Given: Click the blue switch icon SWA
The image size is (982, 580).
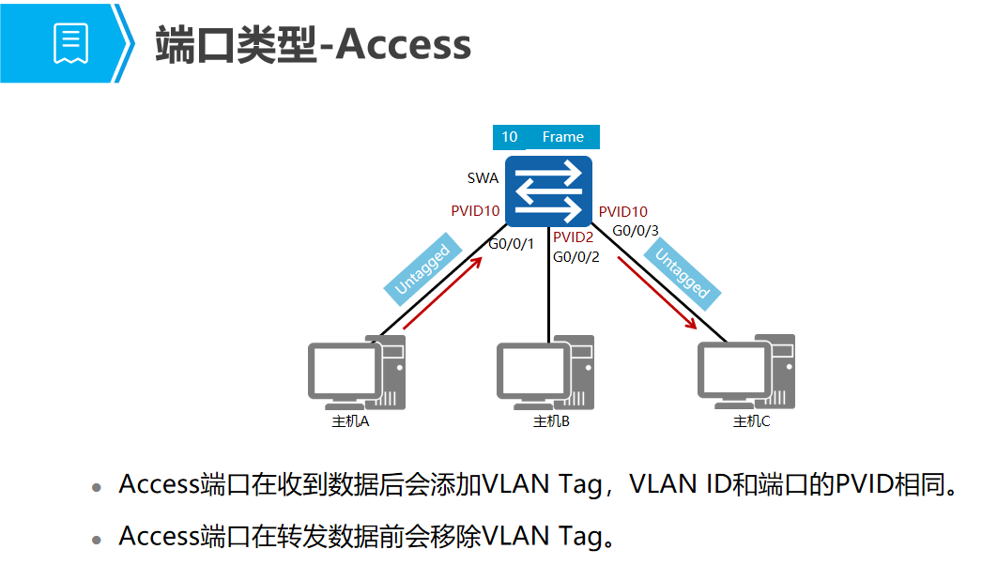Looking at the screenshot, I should click(x=548, y=191).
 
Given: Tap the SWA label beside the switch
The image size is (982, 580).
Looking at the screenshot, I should click(x=483, y=177).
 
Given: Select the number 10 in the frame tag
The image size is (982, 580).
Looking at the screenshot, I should click(x=509, y=137).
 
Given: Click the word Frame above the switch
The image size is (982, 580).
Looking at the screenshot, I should click(x=562, y=137).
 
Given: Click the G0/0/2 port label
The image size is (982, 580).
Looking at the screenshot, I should click(x=575, y=256).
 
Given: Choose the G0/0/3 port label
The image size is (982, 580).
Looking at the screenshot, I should click(x=636, y=230).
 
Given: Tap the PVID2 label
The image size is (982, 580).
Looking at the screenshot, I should click(x=573, y=237).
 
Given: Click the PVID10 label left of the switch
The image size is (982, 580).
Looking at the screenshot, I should click(x=475, y=211).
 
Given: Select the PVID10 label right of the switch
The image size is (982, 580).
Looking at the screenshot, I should click(x=623, y=212).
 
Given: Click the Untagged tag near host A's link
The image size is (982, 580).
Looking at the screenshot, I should click(x=423, y=270).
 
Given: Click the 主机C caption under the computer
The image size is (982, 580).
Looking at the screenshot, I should click(x=751, y=421).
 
